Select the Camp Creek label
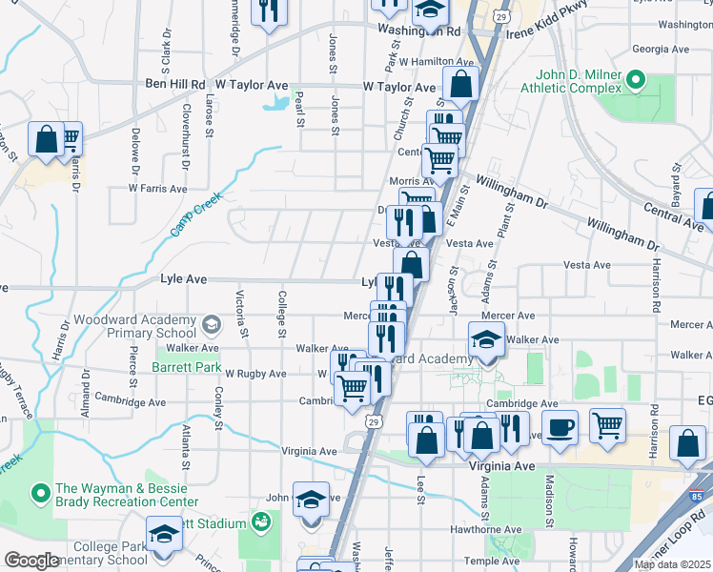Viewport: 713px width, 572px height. point(195,214)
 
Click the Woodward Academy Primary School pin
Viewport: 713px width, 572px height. point(213,327)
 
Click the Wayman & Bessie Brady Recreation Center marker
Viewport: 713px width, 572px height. point(39,494)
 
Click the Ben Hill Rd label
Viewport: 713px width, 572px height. point(175,85)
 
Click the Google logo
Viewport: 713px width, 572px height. point(31,561)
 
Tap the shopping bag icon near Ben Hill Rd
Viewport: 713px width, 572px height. point(46,139)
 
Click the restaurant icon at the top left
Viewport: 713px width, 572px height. point(269,11)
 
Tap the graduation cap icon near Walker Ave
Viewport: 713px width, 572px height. point(486,339)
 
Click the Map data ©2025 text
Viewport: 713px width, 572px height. point(672,564)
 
